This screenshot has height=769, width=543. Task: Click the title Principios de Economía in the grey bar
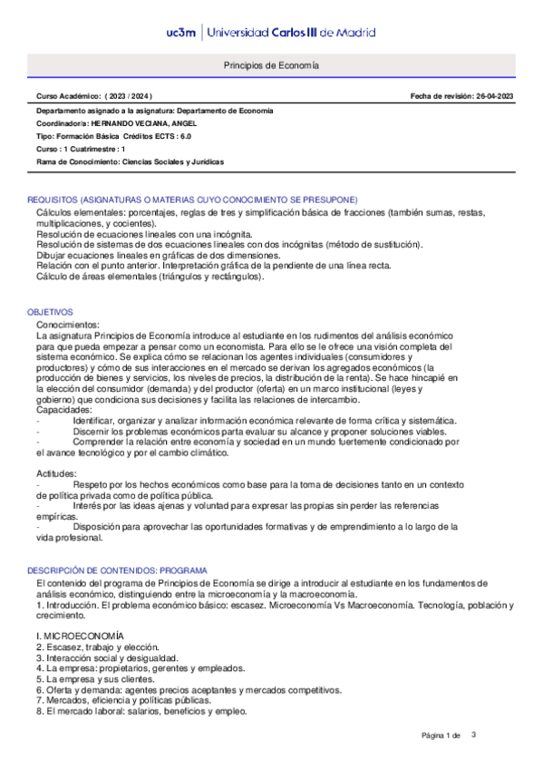pos(271,66)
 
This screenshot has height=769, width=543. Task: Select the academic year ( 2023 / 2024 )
pos(129,96)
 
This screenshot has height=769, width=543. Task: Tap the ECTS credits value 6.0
pos(185,135)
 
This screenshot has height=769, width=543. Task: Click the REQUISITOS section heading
pos(192,199)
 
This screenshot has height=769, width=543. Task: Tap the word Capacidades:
pos(64,410)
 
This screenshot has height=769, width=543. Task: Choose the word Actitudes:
pos(56,474)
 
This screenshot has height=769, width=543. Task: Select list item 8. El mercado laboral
pos(141,712)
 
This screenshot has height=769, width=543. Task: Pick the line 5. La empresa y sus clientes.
pos(95,679)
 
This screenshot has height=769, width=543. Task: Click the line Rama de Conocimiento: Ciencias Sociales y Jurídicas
pos(130,161)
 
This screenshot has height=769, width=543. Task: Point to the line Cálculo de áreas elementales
pos(150,277)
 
